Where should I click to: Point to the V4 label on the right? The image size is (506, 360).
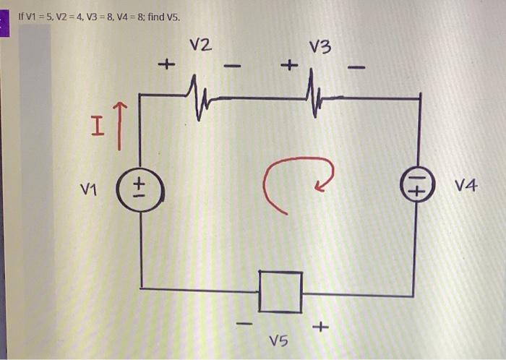coord(466,187)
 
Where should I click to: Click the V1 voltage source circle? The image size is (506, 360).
coord(140,190)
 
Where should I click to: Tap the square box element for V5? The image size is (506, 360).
coord(280,292)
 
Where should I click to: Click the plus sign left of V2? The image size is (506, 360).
coord(166,67)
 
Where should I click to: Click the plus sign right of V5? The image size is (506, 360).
coord(320,328)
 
